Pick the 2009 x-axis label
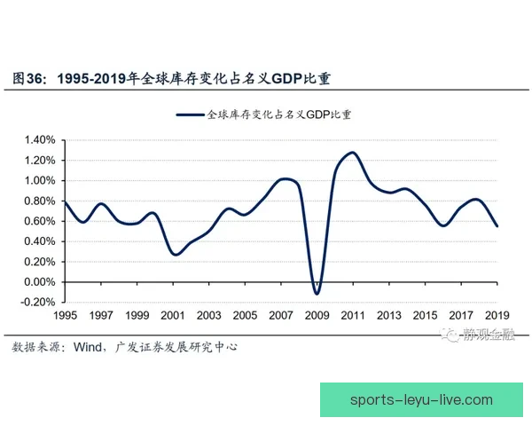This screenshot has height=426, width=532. click(317, 316)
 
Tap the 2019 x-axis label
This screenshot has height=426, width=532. click(497, 316)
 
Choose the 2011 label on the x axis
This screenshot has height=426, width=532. click(352, 316)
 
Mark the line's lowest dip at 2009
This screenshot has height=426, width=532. click(317, 294)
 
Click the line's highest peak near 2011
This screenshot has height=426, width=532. click(352, 153)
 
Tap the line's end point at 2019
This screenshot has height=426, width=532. click(497, 226)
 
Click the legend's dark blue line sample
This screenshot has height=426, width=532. click(190, 114)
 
